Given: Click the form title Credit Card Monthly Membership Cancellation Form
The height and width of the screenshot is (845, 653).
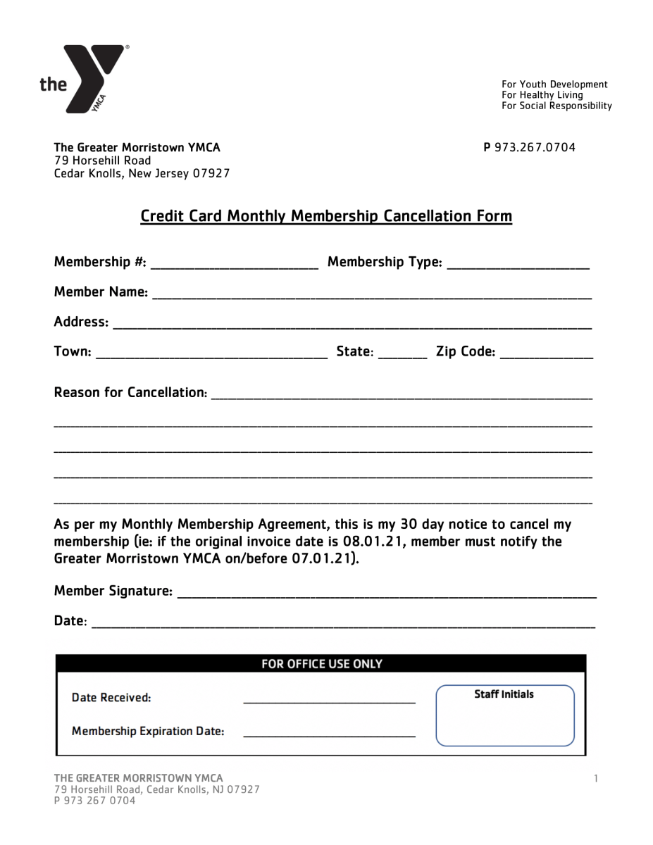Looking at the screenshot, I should [326, 215].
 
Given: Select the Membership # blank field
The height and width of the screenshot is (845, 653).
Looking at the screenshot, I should [235, 263].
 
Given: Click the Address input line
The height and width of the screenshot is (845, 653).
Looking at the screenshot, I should [352, 323].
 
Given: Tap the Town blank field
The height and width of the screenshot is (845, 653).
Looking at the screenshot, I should [211, 353].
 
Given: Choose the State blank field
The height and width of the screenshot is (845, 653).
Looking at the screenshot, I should [402, 353].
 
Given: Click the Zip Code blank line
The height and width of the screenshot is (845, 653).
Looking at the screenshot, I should [546, 353].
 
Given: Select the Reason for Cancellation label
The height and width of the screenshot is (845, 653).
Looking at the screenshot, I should [130, 392].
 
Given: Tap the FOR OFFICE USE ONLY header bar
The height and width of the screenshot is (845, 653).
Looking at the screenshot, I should [321, 664].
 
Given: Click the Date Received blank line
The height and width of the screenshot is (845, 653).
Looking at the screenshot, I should [329, 699].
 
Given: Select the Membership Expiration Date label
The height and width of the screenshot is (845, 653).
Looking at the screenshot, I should [148, 732].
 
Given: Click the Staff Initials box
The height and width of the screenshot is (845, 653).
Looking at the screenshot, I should [504, 715].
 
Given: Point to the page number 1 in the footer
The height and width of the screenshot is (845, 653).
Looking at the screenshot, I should [596, 778].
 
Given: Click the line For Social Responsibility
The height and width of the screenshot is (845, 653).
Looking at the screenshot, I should [556, 106].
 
